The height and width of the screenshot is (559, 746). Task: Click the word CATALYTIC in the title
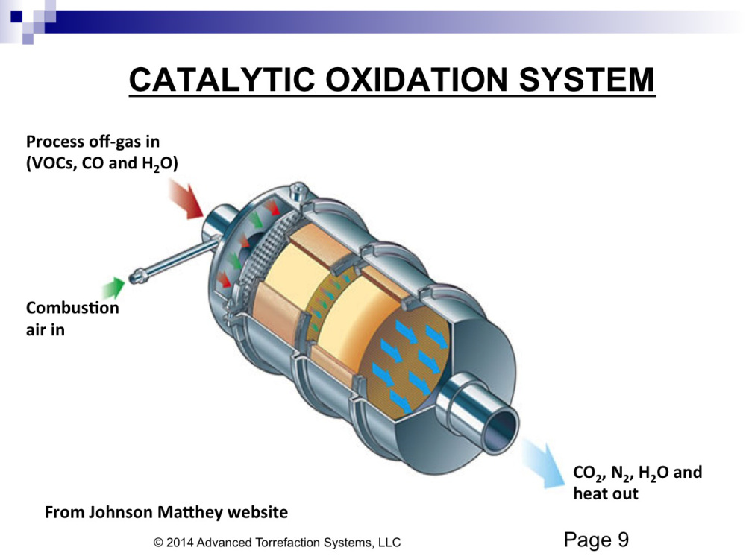click(x=222, y=80)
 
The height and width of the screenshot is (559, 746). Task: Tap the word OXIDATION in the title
click(x=416, y=80)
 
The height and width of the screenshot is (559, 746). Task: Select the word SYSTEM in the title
click(x=586, y=80)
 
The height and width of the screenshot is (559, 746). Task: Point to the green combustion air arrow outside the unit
click(x=113, y=288)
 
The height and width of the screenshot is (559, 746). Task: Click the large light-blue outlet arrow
click(x=544, y=464)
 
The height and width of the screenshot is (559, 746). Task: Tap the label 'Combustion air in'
click(x=72, y=318)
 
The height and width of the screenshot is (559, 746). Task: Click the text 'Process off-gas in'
click(x=93, y=142)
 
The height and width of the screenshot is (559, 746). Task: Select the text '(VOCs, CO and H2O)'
click(x=101, y=163)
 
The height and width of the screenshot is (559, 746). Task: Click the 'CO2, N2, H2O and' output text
click(x=638, y=473)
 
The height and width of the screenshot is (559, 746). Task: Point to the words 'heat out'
click(x=605, y=494)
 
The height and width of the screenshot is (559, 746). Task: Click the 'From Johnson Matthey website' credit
click(x=166, y=512)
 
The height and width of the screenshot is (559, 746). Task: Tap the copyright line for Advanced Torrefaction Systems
click(x=277, y=543)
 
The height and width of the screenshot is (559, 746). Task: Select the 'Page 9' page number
click(x=596, y=540)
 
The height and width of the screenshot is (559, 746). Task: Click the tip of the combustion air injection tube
click(x=135, y=277)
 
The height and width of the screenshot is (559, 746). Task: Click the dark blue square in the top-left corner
click(x=16, y=17)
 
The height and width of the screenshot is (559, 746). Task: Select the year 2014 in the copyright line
click(x=180, y=543)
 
